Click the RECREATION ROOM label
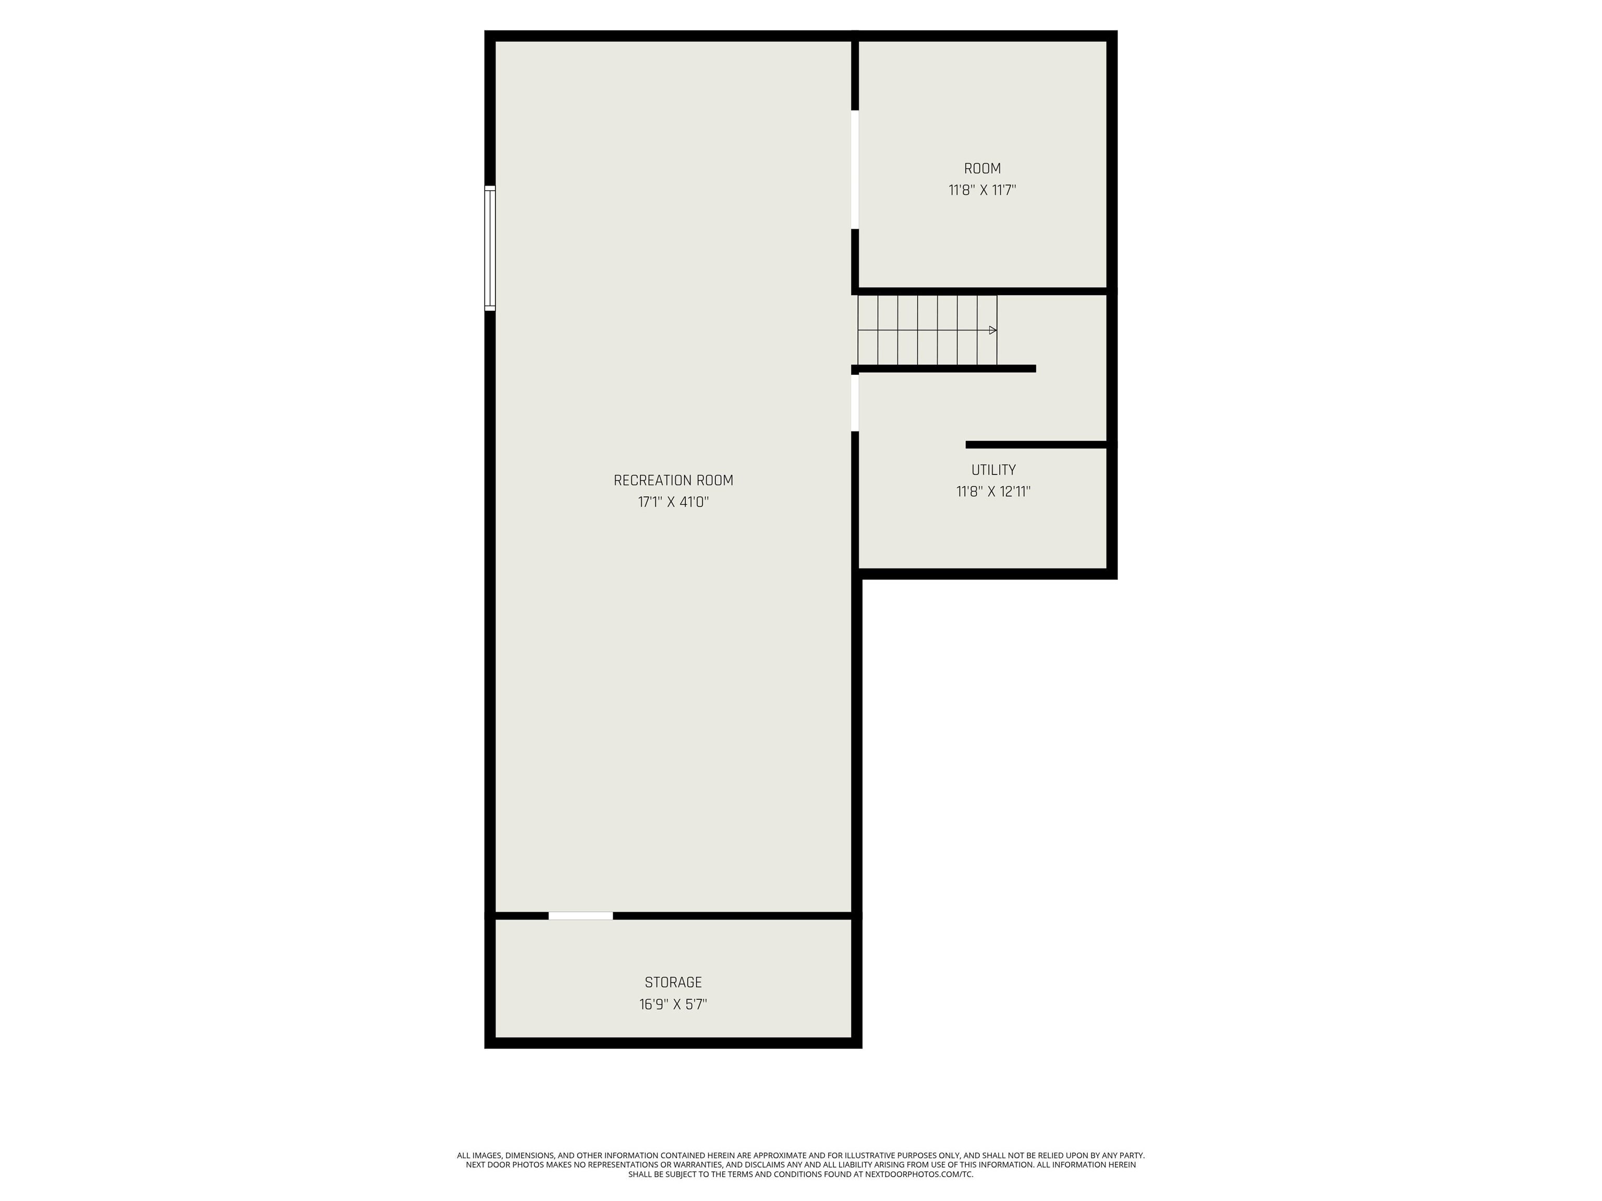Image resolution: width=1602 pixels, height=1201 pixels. [673, 481]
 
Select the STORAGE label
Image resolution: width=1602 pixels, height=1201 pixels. [673, 983]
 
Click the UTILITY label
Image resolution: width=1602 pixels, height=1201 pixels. [993, 470]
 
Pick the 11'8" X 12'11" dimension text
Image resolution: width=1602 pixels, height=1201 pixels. [993, 492]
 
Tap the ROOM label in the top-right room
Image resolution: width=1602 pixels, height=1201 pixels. [982, 169]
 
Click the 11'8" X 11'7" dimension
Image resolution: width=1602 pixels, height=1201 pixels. [982, 190]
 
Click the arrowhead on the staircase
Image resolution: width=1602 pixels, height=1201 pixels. [992, 330]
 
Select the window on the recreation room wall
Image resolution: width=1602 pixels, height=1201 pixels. [490, 248]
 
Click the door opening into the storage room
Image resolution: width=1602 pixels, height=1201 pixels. [580, 916]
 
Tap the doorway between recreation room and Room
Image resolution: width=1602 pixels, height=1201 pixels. [855, 169]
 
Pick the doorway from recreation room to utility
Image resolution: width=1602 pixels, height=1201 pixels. [855, 402]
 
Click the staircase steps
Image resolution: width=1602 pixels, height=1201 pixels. [927, 330]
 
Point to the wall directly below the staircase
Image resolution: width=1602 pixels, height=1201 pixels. [945, 369]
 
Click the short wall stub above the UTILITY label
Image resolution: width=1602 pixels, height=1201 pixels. [1036, 445]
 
